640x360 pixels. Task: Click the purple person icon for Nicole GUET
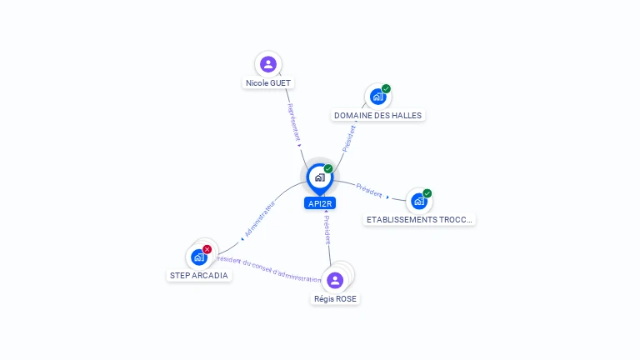coord(267,63)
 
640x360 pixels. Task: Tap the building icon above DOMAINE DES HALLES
coord(377,97)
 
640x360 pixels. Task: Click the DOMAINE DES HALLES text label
coord(377,116)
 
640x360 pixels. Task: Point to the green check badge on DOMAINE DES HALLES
coord(386,88)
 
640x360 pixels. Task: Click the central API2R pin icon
coord(319,177)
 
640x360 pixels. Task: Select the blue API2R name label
coord(320,203)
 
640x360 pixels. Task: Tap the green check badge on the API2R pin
coord(328,168)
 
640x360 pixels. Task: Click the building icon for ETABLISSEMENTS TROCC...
coord(418,201)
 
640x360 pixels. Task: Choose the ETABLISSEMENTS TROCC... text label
coord(420,220)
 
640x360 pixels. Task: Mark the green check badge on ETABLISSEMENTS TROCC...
coord(427,193)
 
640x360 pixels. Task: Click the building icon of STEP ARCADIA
coord(198,257)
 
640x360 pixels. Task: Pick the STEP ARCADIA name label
coord(198,276)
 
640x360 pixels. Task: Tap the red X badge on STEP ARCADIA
coord(207,249)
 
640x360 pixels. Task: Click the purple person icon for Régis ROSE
coord(335,280)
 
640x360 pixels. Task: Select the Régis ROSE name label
coord(336,298)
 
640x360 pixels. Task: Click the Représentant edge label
coord(293,122)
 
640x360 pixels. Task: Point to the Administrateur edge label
coord(259,219)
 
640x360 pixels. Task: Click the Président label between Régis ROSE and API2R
coord(327,229)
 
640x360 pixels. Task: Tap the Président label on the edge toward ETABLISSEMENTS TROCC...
coord(369,189)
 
